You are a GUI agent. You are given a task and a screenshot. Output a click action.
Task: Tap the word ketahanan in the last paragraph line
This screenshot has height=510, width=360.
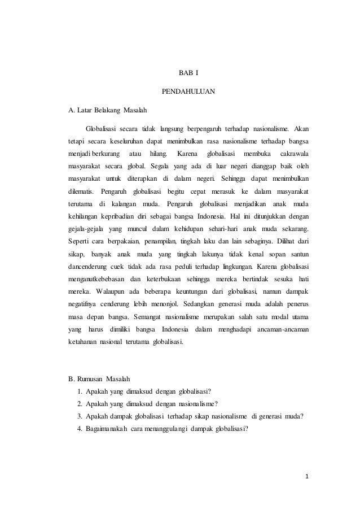tap(82, 343)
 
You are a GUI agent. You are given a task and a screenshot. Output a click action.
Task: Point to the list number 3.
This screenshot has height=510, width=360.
tap(81, 416)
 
